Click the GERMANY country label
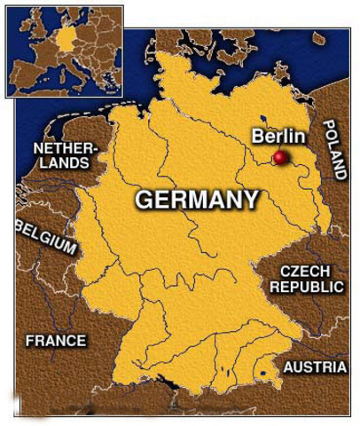pyautogui.click(x=196, y=200)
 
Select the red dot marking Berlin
pyautogui.click(x=281, y=158)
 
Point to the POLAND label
pyautogui.click(x=338, y=151)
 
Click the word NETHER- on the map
pyautogui.click(x=62, y=147)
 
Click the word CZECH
pyautogui.click(x=304, y=271)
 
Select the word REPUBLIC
pyautogui.click(x=307, y=287)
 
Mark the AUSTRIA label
pyautogui.click(x=315, y=367)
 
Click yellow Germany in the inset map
pyautogui.click(x=67, y=41)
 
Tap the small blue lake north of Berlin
pyautogui.click(x=263, y=118)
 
